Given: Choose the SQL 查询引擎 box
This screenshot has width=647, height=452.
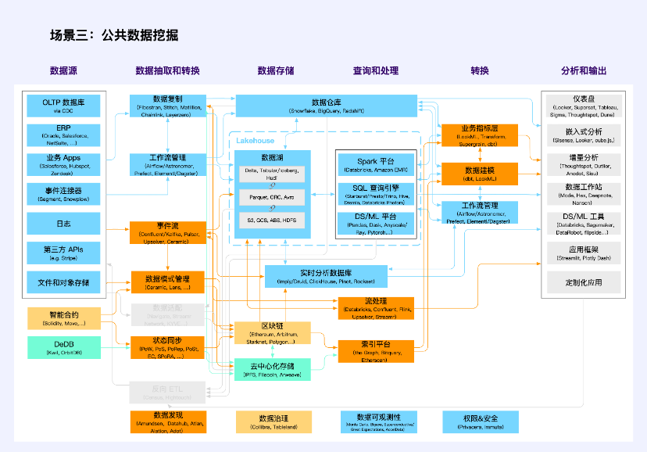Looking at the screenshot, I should point(377,192).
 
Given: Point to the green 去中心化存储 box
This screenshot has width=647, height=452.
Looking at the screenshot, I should point(272,369).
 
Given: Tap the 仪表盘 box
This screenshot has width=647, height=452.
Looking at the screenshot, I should point(584,106).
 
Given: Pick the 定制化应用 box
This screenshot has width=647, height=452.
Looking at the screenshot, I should point(584,282).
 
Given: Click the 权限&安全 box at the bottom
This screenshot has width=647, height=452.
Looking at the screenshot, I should point(480,422).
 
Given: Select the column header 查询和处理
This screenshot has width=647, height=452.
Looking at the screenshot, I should point(377,70).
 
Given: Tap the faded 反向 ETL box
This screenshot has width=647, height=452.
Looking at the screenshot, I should point(168,392).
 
